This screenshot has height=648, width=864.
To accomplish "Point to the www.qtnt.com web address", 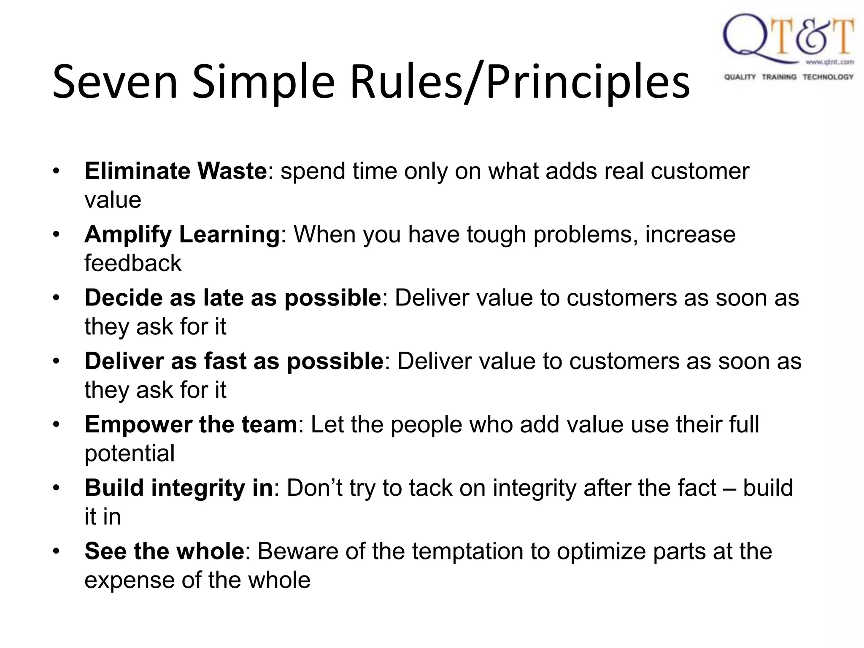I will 829,62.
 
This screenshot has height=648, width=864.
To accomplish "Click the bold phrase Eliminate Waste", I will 175,171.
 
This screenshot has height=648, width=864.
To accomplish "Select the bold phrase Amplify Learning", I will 182,235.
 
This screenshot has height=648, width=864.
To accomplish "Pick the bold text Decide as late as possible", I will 233,298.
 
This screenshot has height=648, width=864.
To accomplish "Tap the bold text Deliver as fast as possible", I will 234,362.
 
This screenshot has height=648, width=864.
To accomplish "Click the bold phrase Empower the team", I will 191,425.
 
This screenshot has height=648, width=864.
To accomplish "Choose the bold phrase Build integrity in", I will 179,488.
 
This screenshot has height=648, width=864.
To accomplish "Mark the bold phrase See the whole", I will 165,551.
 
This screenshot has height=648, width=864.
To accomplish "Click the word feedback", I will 133,263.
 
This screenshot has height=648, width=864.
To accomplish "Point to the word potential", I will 130,454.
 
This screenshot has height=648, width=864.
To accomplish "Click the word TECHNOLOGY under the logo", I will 828,77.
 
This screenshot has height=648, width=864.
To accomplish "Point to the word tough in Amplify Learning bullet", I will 496,235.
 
